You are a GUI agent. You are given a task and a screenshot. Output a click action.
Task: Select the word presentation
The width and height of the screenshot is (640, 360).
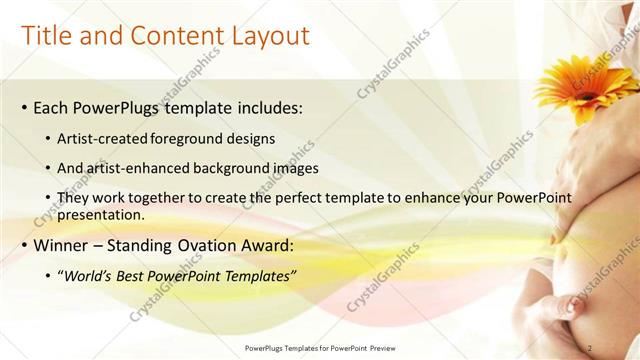[x=104, y=214]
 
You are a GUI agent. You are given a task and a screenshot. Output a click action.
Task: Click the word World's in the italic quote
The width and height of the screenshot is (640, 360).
[x=90, y=275]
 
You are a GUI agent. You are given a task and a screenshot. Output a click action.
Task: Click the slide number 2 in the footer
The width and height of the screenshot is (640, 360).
[x=591, y=348]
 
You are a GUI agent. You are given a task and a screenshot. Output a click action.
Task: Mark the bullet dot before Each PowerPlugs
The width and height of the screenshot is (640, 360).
[x=24, y=108]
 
